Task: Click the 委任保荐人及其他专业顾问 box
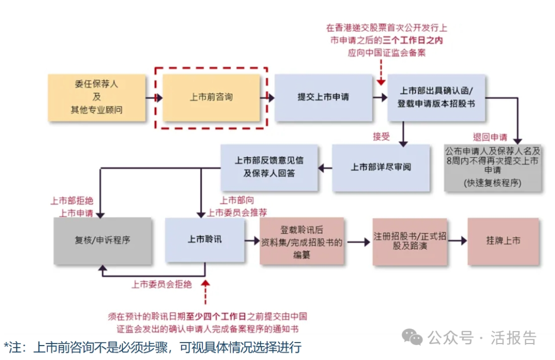click(97, 97)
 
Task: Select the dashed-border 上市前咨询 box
click(212, 97)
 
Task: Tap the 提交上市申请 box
click(323, 97)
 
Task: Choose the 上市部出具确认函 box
click(436, 97)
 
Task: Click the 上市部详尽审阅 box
click(381, 167)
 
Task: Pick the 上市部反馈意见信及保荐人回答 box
click(269, 167)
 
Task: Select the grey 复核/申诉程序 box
click(103, 240)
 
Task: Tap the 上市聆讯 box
click(205, 240)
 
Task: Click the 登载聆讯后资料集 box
click(302, 241)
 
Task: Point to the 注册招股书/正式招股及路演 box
click(410, 241)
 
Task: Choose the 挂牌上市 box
click(503, 241)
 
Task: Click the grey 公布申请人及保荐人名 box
click(492, 167)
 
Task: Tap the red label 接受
click(381, 136)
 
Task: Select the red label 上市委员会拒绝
click(161, 284)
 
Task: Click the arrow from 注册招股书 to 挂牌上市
click(457, 241)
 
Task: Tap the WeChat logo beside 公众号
click(412, 337)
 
